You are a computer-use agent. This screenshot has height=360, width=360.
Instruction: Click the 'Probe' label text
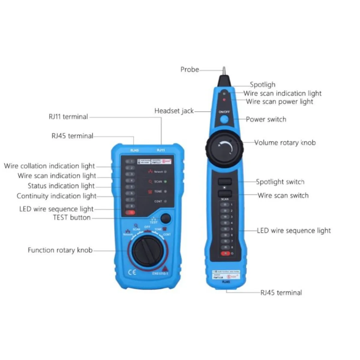[x=190, y=70]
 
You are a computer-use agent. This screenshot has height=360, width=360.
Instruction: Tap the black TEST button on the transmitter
[x=165, y=218]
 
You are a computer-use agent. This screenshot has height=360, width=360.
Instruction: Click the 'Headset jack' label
[x=174, y=111]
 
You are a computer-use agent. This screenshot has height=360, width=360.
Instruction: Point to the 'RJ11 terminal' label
[x=68, y=117]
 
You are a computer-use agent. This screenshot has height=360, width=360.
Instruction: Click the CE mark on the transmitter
[x=132, y=272]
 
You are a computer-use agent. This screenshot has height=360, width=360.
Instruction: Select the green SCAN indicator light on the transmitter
[x=165, y=181]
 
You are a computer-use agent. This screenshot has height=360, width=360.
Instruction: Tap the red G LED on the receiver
[x=225, y=253]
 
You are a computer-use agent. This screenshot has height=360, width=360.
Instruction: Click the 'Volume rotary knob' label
[x=285, y=143]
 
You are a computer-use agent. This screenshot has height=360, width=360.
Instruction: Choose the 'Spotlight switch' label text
[x=280, y=182]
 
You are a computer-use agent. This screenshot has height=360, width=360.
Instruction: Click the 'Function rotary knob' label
[x=60, y=250]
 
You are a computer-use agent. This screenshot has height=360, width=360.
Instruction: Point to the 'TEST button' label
[x=72, y=217]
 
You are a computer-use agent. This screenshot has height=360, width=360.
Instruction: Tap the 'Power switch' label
[x=266, y=119]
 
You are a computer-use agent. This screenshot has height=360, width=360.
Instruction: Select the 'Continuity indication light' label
[x=56, y=196]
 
